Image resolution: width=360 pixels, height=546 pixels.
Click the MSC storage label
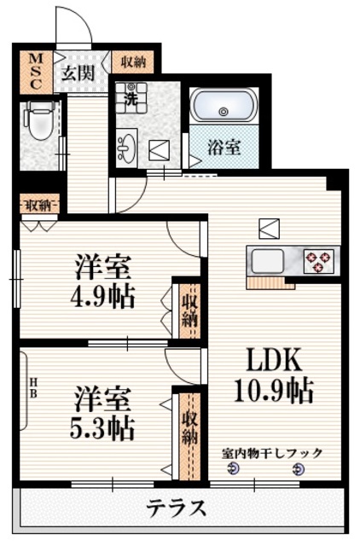[x=36, y=72]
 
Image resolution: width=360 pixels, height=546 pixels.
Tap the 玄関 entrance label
[x=78, y=73]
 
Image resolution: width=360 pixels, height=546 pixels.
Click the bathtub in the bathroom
[x=223, y=109]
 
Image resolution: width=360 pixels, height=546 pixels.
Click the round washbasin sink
[x=126, y=147]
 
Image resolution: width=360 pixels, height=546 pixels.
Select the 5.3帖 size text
[x=101, y=427]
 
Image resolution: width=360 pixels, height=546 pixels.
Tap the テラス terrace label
[x=177, y=509]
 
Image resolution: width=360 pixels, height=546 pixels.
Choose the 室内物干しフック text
[x=272, y=453]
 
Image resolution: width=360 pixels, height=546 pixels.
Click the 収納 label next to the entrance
[x=131, y=61]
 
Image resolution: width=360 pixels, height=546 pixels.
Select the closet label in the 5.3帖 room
[x=188, y=435]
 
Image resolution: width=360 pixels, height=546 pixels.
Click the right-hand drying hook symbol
[x=299, y=470]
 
